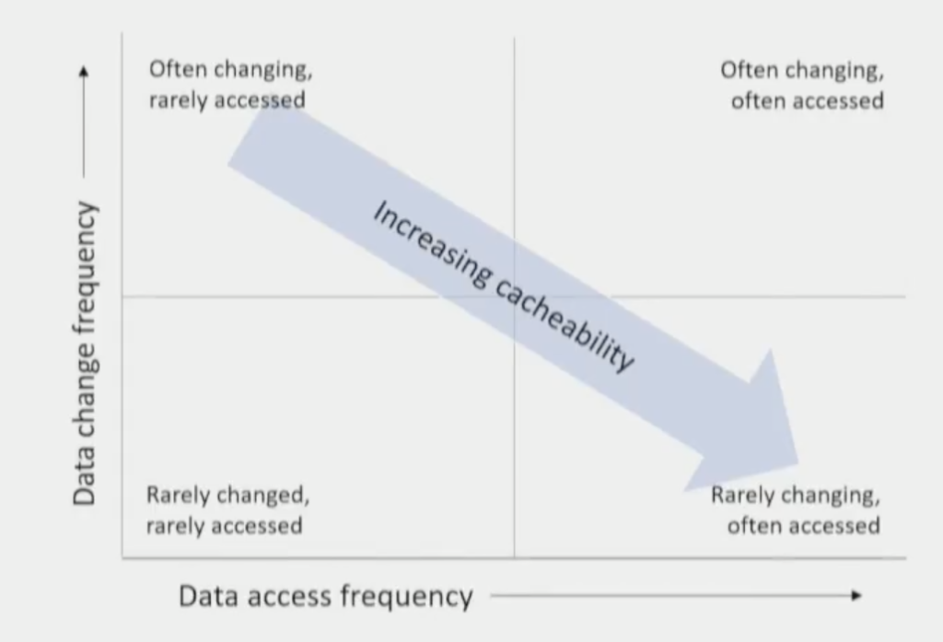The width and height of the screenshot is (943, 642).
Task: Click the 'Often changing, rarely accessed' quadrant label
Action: pos(231,84)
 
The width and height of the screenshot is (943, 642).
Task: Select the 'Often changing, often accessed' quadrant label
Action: pos(802,86)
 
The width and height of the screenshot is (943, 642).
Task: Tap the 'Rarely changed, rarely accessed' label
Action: pos(228,510)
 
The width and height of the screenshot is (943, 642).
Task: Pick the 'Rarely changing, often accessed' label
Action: pos(796,510)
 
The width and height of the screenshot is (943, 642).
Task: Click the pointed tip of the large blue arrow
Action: pos(798,464)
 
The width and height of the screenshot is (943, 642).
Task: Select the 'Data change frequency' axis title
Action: pos(84,353)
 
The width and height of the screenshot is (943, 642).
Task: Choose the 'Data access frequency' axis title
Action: pos(325,596)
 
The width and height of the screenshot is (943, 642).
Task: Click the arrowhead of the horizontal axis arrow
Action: pos(857,596)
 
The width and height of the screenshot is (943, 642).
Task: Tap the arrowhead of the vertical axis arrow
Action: pos(84,71)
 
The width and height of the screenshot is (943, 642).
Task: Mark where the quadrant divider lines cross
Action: pos(514,297)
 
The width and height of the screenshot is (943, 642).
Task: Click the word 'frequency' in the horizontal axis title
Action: pos(406,598)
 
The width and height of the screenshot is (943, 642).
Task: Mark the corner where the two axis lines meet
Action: pos(122,558)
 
